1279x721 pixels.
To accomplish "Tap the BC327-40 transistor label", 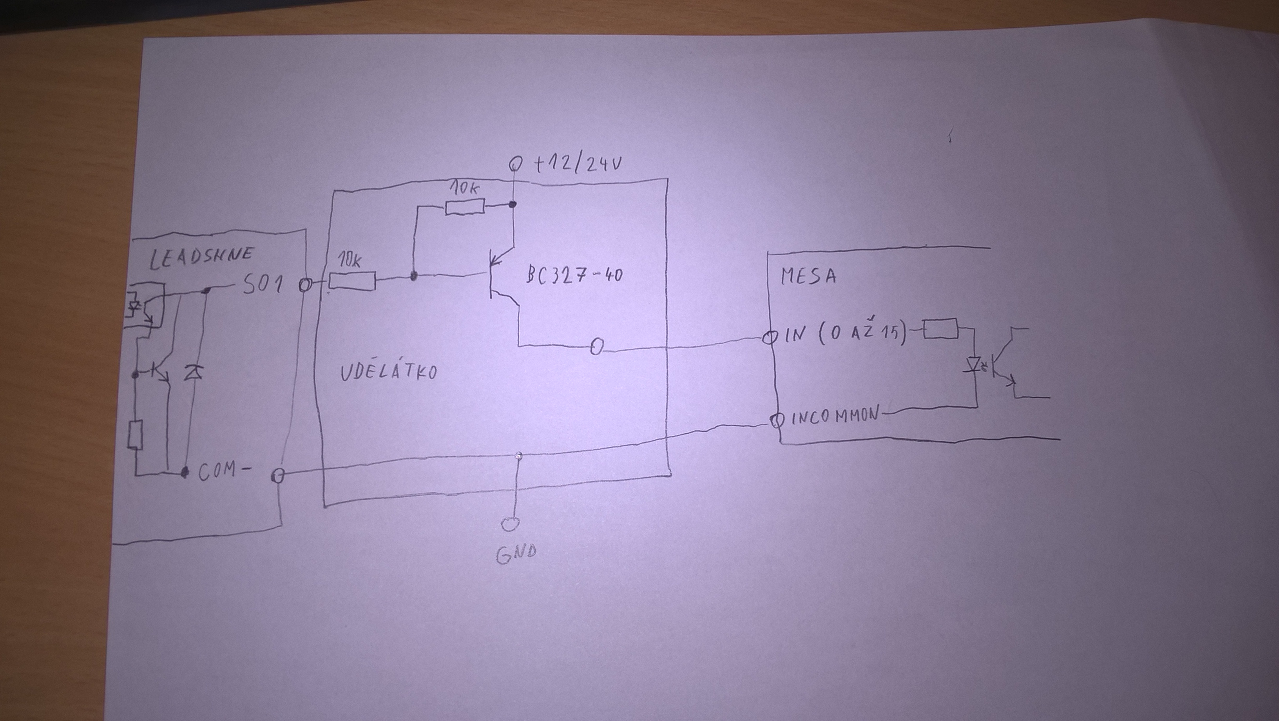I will (x=574, y=275).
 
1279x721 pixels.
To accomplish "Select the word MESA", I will (x=808, y=276).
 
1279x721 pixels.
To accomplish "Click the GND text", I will (x=516, y=554).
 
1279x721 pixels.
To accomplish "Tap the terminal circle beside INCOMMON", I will (x=776, y=420).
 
